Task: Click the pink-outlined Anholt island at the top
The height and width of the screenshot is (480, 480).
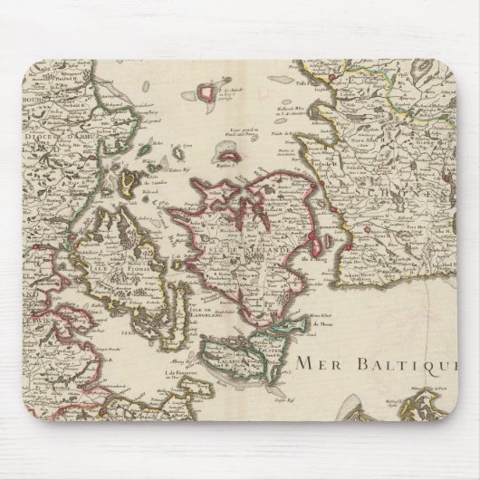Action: (215, 91)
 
